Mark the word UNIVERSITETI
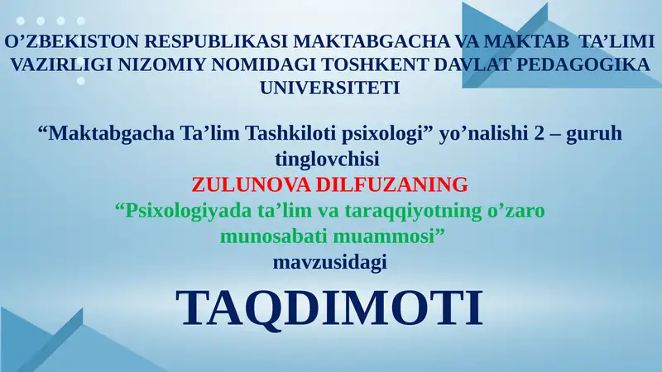(330, 86)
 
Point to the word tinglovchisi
(330, 156)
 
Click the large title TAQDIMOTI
(329, 308)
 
